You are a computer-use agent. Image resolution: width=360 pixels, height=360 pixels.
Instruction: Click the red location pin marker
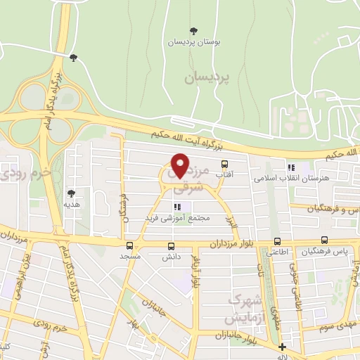point(180,165)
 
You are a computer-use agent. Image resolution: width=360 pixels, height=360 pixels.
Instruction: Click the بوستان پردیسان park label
point(194,42)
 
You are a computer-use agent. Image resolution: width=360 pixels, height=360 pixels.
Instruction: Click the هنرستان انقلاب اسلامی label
point(289,179)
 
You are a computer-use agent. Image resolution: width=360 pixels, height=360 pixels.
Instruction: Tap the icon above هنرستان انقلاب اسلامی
point(289,167)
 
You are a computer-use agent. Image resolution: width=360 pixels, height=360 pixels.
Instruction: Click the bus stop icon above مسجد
point(129,246)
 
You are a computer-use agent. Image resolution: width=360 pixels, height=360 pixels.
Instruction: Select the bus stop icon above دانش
point(172,246)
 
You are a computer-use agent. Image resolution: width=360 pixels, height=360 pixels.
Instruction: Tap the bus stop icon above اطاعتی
point(277,240)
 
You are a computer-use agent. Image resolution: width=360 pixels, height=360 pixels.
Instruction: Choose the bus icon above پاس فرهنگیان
point(324,240)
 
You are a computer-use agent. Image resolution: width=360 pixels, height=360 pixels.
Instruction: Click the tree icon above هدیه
point(71,193)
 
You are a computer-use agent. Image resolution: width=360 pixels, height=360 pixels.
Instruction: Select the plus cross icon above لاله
point(282,347)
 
